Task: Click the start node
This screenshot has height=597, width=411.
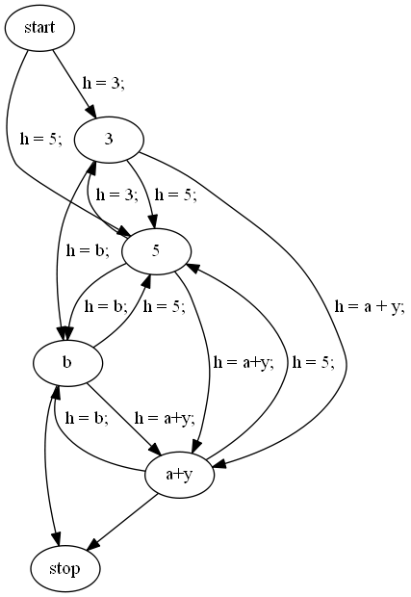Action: coord(39,28)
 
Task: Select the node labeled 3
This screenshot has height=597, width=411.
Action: coord(109,140)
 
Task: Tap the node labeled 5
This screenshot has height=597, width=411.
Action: coord(156,251)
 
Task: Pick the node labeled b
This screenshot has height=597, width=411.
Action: coord(67,362)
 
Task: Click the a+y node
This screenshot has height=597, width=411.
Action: coord(180,475)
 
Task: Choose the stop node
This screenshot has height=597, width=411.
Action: coord(65,568)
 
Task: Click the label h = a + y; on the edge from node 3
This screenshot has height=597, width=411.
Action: coord(370,307)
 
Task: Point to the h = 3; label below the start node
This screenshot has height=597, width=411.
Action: coord(103,83)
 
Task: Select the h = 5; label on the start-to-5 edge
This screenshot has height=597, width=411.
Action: coord(41,139)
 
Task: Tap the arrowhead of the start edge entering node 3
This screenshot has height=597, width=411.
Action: coord(91,111)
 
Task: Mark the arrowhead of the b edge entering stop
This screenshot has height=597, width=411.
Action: coord(57,539)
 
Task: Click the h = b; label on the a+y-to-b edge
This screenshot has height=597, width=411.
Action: coord(87,418)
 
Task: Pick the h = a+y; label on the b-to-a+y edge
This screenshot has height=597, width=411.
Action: coord(165,418)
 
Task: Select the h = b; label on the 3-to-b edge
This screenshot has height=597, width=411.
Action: coord(88,250)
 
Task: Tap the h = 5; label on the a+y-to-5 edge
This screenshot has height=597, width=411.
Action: coord(314,362)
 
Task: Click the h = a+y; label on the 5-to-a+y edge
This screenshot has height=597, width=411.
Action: coord(244,362)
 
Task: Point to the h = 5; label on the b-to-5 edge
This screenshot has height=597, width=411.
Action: coord(165,306)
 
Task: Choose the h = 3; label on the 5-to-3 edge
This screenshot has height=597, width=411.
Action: coord(117,195)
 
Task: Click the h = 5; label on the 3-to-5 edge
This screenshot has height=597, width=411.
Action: coord(176,195)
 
